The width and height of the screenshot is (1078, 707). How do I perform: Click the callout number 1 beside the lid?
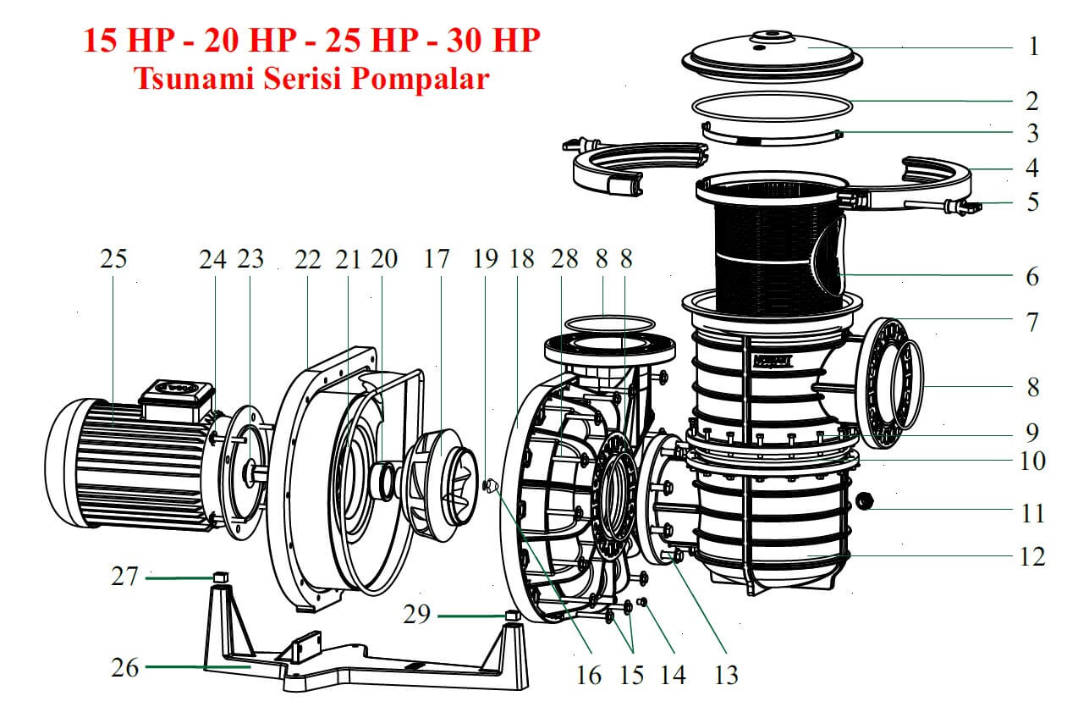[1033, 47]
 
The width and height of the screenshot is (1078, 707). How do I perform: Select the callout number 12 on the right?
[1032, 556]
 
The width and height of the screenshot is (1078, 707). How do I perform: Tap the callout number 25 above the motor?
[113, 258]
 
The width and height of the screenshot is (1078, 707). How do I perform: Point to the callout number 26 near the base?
[124, 667]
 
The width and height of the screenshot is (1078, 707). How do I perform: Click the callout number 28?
[564, 258]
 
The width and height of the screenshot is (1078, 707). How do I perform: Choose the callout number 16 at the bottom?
[589, 675]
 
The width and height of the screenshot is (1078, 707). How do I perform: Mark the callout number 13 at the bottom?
[726, 675]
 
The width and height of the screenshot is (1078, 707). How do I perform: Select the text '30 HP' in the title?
[493, 40]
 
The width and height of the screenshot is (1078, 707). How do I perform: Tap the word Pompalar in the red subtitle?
[421, 79]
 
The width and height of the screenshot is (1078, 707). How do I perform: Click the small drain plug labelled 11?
[866, 501]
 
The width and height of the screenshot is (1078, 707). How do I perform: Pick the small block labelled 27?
[220, 576]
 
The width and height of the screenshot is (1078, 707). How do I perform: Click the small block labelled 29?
[513, 615]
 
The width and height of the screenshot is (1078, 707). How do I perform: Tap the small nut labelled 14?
[641, 601]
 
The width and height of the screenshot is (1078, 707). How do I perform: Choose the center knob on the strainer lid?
[773, 36]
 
